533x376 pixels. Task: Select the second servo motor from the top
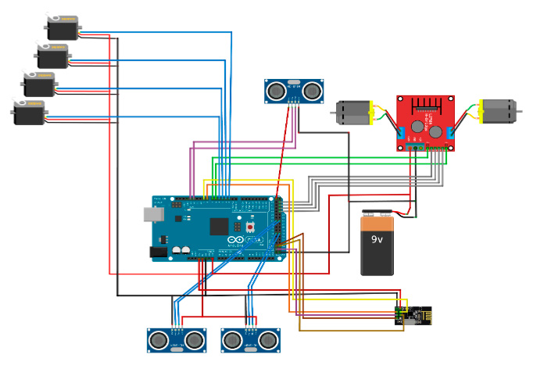[x=52, y=56]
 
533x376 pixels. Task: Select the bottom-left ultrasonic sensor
[x=176, y=340]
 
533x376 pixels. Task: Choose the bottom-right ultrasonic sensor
[x=251, y=340]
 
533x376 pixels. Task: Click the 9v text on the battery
[x=377, y=239]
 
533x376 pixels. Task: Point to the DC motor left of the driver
[x=354, y=113]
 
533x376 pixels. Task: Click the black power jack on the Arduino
[x=159, y=252]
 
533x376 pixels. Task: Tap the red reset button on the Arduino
[x=251, y=227]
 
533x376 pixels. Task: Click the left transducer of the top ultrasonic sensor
[x=277, y=91]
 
